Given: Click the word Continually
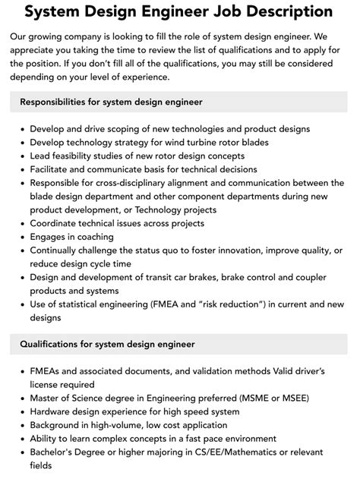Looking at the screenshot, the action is (x=58, y=250).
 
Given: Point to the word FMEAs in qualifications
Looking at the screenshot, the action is (x=48, y=371).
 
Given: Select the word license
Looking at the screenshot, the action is (x=47, y=384).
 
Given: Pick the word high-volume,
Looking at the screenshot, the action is (x=125, y=425).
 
